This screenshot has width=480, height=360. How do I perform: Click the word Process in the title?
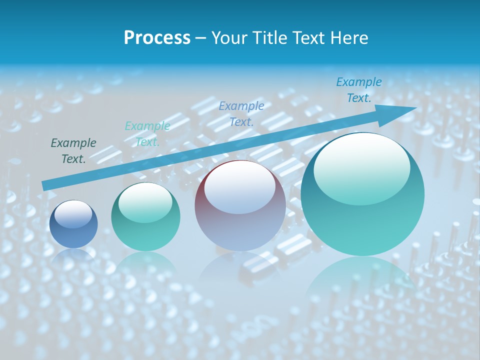tap(157, 38)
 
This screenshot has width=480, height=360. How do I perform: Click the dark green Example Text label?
tap(73, 151)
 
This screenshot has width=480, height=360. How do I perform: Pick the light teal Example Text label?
tap(147, 134)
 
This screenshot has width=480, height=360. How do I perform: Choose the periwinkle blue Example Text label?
tap(241, 113)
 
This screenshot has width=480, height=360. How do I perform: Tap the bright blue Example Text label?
tap(359, 90)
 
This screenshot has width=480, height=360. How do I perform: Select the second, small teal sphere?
tap(145, 217)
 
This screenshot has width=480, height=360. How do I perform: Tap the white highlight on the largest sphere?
tap(361, 168)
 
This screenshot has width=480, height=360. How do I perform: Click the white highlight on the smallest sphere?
tap(73, 214)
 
